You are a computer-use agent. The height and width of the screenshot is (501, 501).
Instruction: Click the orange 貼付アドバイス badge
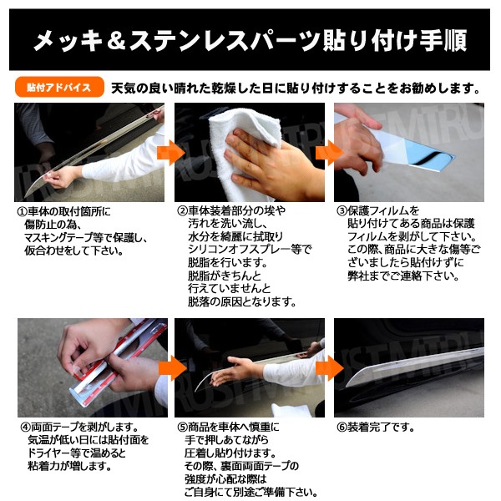[59, 87]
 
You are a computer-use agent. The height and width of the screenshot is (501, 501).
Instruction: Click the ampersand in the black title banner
[116, 40]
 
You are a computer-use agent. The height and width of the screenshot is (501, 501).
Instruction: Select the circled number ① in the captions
[22, 211]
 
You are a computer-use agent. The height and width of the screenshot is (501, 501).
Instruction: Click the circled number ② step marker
[182, 211]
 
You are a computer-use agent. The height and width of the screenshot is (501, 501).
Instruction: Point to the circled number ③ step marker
[342, 211]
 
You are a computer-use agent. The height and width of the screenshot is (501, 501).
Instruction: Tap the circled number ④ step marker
[26, 428]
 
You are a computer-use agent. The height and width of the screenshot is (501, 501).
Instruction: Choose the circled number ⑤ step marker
[182, 428]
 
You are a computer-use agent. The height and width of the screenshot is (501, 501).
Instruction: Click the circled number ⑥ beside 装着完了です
[342, 428]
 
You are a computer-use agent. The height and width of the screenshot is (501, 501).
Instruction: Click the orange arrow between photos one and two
[170, 153]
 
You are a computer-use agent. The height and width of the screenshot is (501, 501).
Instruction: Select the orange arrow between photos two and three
[330, 153]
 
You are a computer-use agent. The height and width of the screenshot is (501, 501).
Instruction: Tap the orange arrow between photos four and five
[173, 368]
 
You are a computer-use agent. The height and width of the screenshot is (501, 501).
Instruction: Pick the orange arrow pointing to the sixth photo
[330, 368]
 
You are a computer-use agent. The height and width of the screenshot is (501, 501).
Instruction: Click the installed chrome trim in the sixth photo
[415, 364]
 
